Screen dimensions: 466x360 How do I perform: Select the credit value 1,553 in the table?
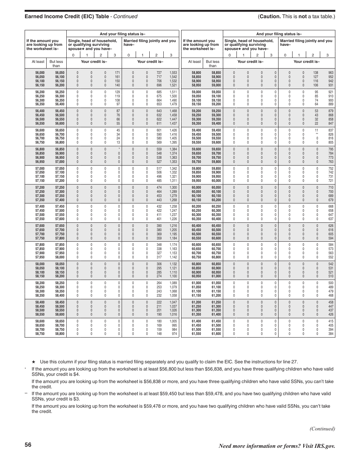tap(174, 72)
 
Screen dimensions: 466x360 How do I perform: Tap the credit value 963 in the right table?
tap(331, 72)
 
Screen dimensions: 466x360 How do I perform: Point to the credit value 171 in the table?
tap(117, 72)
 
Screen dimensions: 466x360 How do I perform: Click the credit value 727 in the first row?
tap(159, 72)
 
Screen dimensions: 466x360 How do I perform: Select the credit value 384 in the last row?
tap(331, 334)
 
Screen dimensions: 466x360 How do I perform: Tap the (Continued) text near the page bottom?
tap(322, 428)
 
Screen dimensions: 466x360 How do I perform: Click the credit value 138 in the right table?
tap(316, 72)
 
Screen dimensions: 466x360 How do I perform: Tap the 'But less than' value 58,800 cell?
tap(59, 334)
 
